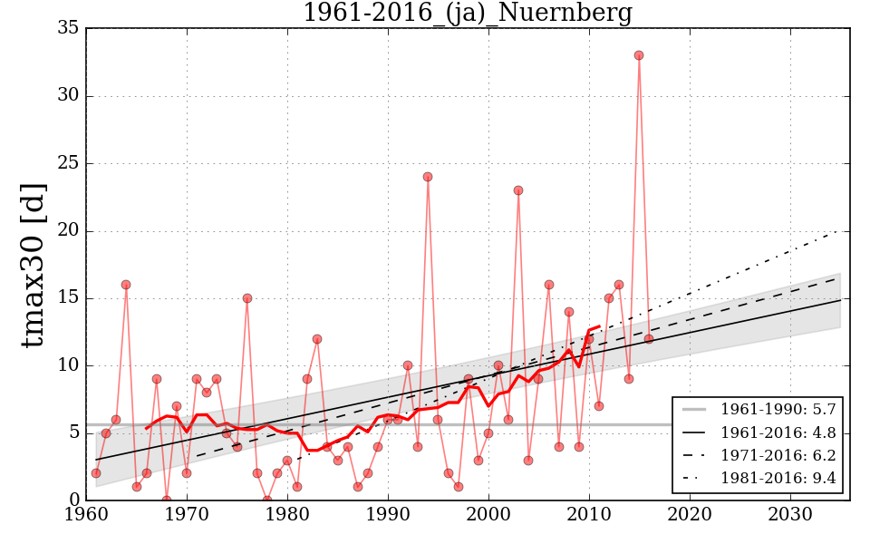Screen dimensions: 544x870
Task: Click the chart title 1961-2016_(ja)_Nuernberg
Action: (467, 14)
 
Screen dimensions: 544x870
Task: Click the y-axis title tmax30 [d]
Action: (34, 263)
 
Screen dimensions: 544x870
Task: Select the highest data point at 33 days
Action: (639, 55)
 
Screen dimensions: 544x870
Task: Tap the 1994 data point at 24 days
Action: (428, 177)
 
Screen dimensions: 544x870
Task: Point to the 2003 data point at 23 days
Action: (518, 190)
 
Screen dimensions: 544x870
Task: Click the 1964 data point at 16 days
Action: (126, 285)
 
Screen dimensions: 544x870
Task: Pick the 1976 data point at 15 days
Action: (246, 298)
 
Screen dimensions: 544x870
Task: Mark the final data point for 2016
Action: (649, 338)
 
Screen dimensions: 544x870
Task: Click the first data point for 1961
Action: (96, 473)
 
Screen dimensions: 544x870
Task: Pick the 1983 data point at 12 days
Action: (317, 339)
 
